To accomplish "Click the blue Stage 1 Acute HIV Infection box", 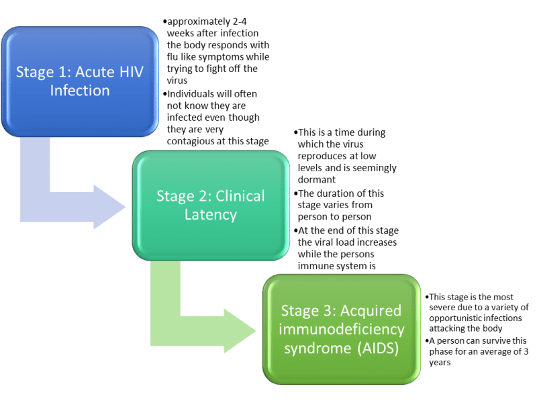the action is (x=80, y=81).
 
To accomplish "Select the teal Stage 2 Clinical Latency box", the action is (x=211, y=205).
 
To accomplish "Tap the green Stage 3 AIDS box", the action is (x=342, y=329).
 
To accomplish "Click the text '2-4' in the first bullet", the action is (x=240, y=21).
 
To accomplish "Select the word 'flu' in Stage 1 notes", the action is (x=173, y=56).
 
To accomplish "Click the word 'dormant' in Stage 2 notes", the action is (x=316, y=179).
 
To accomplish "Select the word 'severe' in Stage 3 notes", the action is (x=440, y=307).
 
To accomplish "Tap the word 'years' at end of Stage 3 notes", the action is (x=440, y=363).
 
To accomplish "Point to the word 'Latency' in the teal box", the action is (x=211, y=215).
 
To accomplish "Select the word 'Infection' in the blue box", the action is (x=80, y=91).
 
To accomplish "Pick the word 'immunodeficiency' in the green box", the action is (x=342, y=330).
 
